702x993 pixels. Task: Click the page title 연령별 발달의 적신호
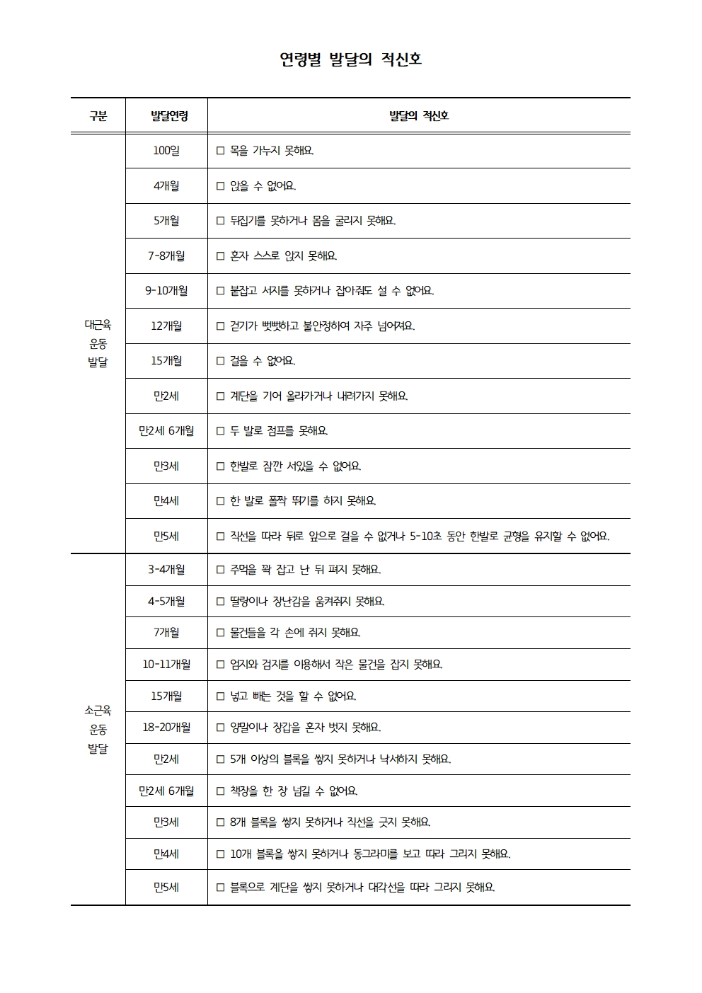click(x=351, y=60)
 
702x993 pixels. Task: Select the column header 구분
click(x=98, y=116)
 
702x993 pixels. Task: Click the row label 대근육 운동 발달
click(x=98, y=343)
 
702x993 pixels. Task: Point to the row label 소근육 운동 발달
click(x=98, y=729)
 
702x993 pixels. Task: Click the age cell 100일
click(x=166, y=151)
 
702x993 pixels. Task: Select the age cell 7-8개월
click(x=166, y=256)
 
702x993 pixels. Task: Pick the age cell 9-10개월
click(x=166, y=291)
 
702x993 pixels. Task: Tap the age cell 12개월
click(x=166, y=326)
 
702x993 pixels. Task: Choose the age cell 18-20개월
click(x=166, y=728)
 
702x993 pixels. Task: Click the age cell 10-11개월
click(x=166, y=665)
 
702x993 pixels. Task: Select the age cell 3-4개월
click(x=166, y=570)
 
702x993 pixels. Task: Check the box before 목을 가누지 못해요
click(x=220, y=151)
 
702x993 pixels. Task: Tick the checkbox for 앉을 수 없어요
click(x=220, y=186)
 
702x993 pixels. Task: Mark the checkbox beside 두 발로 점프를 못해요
click(x=220, y=431)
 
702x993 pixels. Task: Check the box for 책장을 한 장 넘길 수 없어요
click(x=220, y=791)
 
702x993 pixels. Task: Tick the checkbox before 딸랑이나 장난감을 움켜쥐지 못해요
click(x=220, y=602)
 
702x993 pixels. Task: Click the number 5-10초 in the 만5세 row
click(x=425, y=536)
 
